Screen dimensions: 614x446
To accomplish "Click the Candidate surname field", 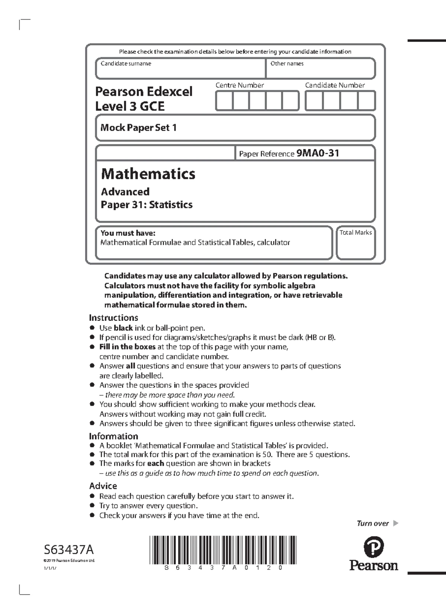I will (x=180, y=69).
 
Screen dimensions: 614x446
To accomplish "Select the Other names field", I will (x=320, y=69).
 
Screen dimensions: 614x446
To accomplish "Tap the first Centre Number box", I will (x=224, y=101).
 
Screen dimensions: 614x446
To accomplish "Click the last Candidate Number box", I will (x=366, y=101).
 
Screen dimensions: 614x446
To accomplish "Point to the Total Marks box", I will (x=356, y=243).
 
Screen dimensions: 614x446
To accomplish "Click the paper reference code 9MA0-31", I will (x=318, y=153).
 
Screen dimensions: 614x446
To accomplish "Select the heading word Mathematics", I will (x=148, y=174).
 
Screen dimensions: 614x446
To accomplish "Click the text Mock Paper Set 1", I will (x=138, y=128).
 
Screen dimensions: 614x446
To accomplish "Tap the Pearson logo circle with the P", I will (x=373, y=547).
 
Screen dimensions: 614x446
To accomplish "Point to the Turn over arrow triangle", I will (x=395, y=523).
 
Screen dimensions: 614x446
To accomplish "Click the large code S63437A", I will (x=69, y=549).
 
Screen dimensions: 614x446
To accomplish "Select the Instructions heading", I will (x=113, y=318).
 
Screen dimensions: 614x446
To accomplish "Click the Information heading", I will (x=113, y=436).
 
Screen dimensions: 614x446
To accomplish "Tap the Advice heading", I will (x=103, y=486).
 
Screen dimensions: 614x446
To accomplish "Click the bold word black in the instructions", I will (x=123, y=328).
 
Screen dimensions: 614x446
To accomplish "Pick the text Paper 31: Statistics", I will (x=146, y=205).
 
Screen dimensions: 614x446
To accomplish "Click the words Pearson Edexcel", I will (x=143, y=91).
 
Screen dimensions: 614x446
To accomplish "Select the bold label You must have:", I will (x=127, y=233).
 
